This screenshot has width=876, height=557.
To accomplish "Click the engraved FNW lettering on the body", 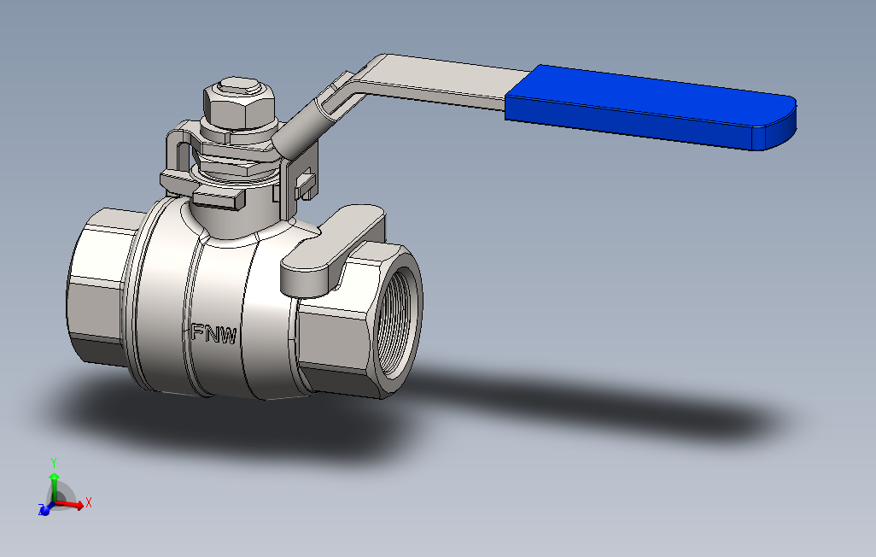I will [213, 333].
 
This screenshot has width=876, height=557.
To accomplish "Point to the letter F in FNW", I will [196, 331].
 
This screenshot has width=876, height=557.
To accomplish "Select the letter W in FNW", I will [228, 336].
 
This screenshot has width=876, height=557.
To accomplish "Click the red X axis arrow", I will [73, 505].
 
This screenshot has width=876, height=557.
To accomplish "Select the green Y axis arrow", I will [54, 484].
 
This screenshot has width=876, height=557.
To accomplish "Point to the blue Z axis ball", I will [43, 509].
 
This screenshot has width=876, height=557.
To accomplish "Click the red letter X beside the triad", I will [88, 502].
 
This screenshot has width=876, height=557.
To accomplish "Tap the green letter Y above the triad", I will [54, 462].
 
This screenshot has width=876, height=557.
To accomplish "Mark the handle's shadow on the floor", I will [598, 402].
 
